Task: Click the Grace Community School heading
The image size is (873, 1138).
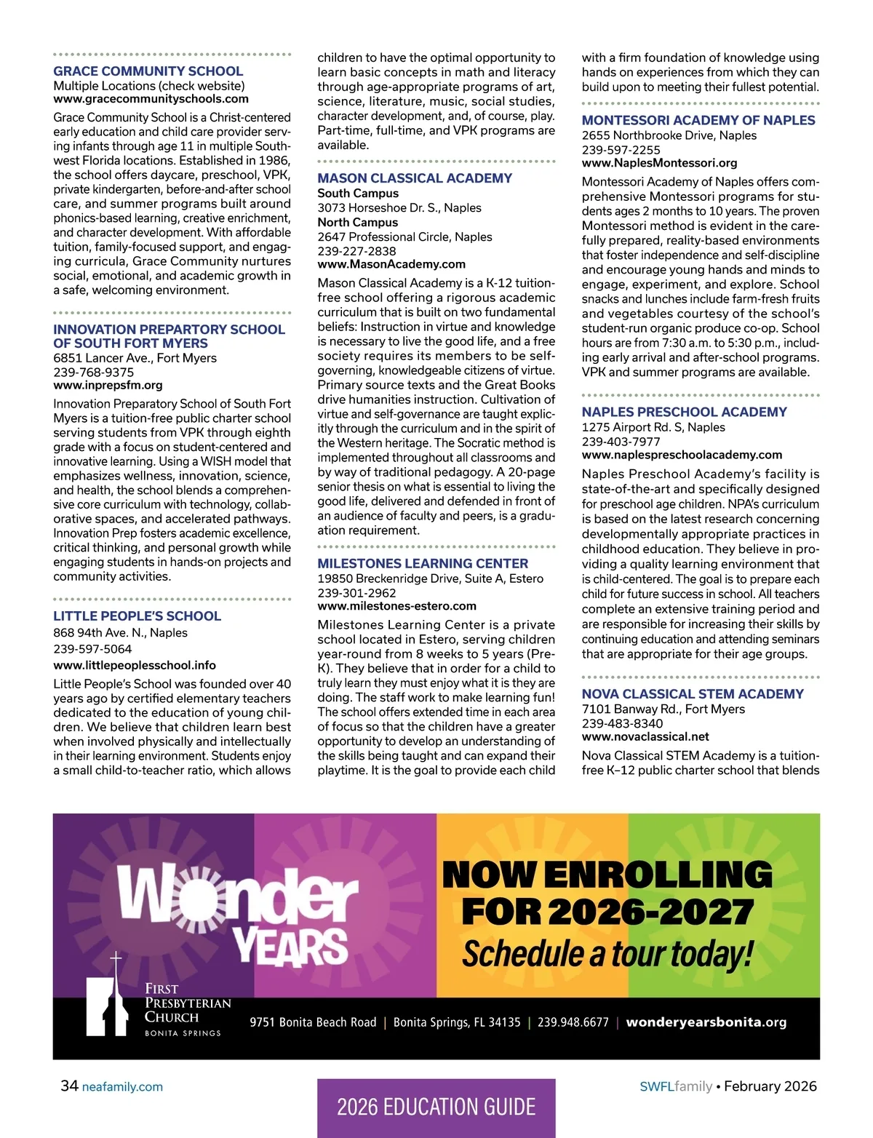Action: click(148, 71)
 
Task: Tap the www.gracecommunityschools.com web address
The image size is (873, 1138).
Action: click(151, 99)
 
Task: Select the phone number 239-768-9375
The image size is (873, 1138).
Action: click(94, 372)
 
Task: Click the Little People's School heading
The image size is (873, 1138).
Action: click(137, 616)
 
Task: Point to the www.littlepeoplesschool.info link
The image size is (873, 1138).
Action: click(135, 665)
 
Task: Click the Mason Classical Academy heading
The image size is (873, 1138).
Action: click(415, 178)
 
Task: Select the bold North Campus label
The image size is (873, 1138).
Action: click(358, 223)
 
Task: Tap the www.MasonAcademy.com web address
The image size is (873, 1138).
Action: click(391, 265)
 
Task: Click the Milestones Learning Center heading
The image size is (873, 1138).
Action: click(423, 564)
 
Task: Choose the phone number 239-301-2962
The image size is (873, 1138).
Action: click(357, 593)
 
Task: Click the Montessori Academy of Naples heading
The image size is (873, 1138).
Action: click(698, 121)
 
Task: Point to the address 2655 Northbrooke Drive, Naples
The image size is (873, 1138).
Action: click(669, 135)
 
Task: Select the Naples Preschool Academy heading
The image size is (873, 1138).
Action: click(684, 413)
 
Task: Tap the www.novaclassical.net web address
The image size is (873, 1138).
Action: click(645, 737)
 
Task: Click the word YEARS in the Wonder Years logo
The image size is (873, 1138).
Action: click(291, 946)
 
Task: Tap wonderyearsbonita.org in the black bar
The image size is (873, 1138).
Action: click(706, 1022)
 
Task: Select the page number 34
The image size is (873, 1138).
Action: click(69, 1086)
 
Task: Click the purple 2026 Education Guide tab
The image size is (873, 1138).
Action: click(436, 1107)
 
